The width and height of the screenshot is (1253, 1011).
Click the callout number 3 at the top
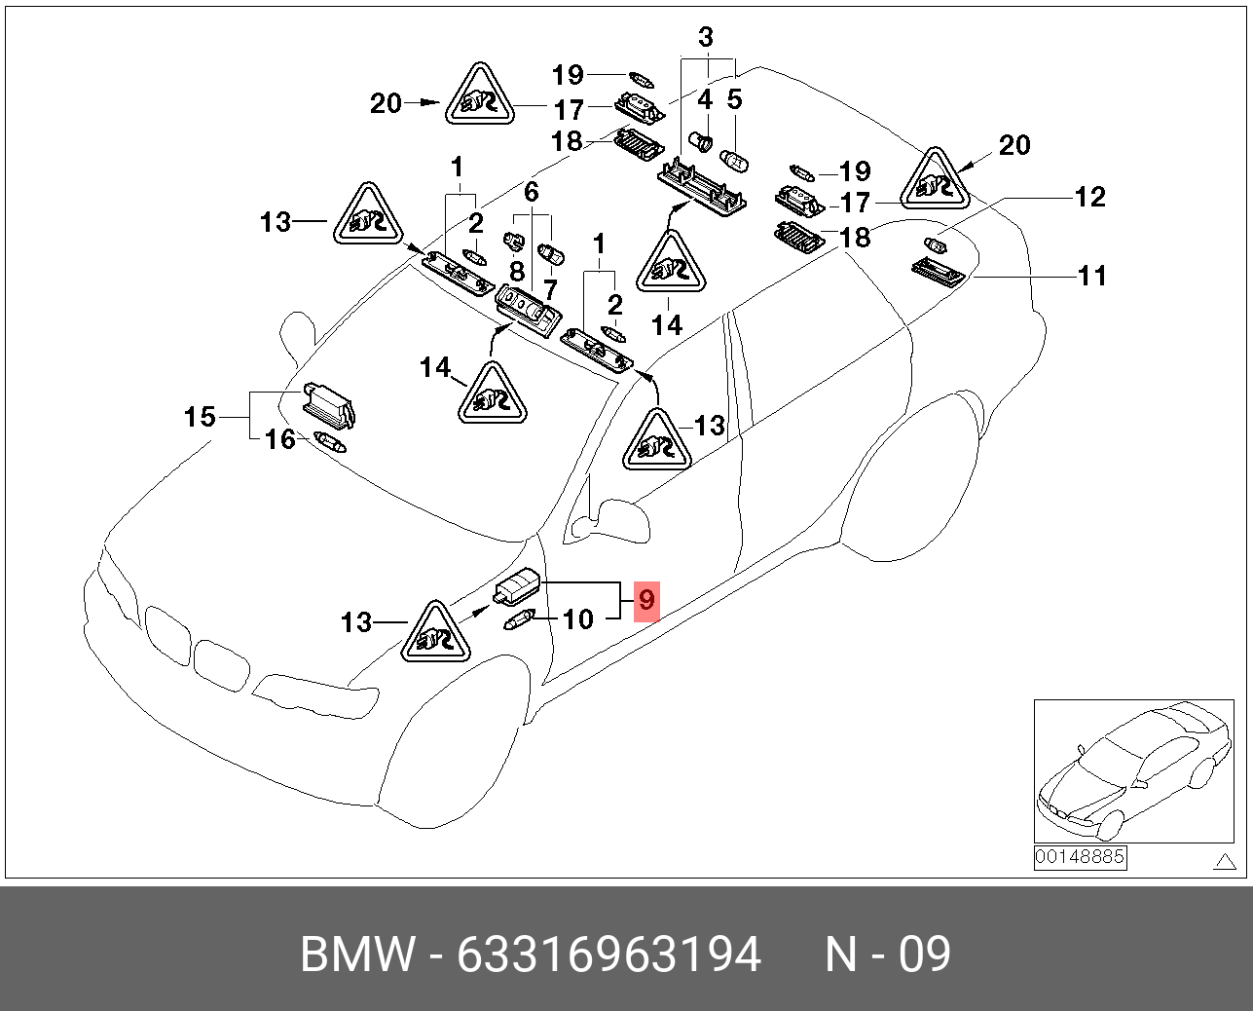706,38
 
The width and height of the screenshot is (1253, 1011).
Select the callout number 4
705,99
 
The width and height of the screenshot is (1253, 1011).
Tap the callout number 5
735,99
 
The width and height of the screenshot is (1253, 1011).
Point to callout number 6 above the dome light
531,192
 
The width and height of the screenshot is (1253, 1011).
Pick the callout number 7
550,289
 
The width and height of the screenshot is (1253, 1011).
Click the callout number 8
517,272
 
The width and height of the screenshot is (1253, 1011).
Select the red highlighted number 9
646,600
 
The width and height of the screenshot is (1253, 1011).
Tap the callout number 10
578,619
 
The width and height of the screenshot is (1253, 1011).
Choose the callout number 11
1092,276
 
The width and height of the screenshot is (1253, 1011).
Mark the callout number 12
1090,197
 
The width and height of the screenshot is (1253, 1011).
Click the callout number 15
200,417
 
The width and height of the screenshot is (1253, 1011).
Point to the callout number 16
280,439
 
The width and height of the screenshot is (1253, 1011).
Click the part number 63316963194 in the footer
608,955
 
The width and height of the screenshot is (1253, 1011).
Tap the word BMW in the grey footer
357,955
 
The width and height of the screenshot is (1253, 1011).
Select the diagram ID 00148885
1080,857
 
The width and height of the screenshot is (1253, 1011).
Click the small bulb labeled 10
518,619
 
